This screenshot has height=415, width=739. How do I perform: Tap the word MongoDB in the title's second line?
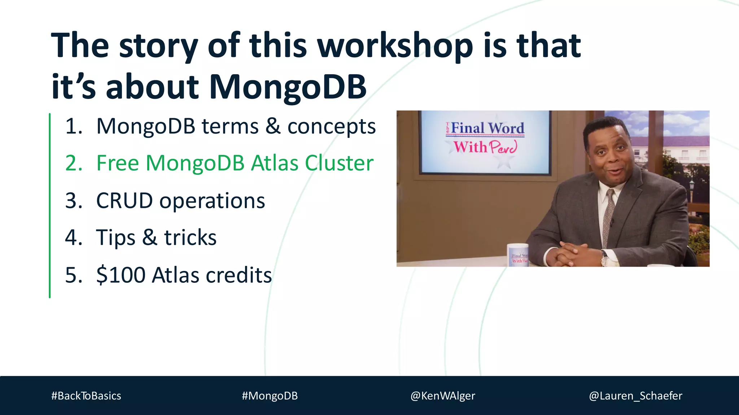pos(288,87)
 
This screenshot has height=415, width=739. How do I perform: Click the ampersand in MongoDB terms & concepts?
pos(273,126)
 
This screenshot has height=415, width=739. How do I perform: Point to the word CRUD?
pos(124,201)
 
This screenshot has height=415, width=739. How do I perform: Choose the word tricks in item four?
pos(190,238)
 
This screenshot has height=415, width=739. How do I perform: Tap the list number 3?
pos(73,201)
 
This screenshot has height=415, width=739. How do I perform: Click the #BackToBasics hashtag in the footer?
pos(86,396)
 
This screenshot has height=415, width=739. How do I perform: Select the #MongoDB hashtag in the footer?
pos(270,396)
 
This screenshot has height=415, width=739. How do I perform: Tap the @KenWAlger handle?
pos(443,396)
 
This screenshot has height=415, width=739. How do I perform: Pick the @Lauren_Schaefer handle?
pos(635,396)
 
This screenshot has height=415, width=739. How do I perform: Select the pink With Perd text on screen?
pos(485,147)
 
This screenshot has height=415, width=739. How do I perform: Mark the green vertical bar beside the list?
pos(50,205)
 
